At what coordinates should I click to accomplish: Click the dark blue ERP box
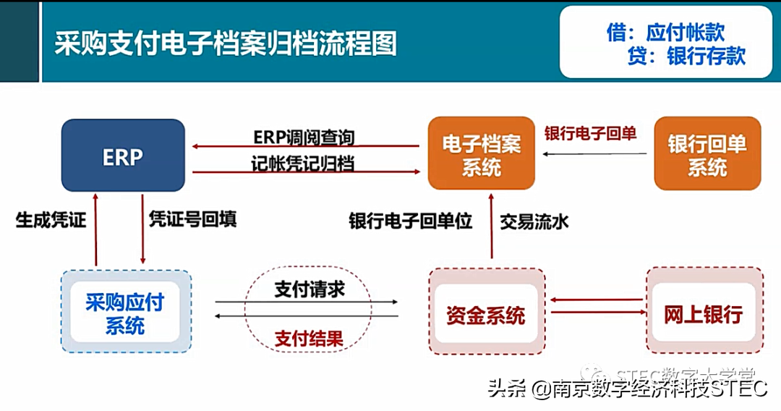pos(122,155)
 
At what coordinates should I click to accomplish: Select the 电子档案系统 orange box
pos(482,155)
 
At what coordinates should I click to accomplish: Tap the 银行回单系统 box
pos(707,155)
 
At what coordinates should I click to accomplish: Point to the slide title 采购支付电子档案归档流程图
pos(226,43)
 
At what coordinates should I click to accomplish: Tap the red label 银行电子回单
pos(590,133)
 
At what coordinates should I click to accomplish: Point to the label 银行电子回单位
pos(410,221)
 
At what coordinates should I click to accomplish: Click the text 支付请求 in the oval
pos(310,289)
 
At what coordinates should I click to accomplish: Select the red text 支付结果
pos(310,337)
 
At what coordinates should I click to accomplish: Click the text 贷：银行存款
pos(686,56)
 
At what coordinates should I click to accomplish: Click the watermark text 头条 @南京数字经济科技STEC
pos(627,389)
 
